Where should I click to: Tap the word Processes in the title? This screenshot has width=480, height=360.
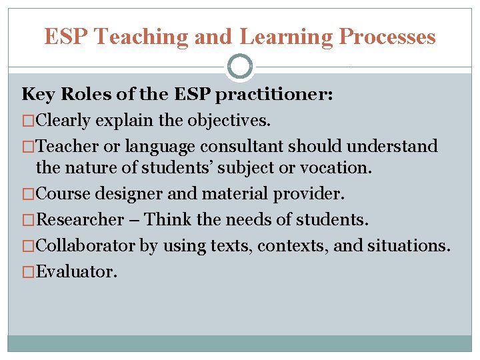387,37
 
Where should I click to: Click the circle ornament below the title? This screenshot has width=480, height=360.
240,67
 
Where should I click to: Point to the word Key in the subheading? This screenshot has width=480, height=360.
37,95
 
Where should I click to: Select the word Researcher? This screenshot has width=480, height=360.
79,219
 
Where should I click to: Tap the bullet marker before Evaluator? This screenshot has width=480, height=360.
27,271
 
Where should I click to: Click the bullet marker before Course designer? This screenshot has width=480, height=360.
27,194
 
